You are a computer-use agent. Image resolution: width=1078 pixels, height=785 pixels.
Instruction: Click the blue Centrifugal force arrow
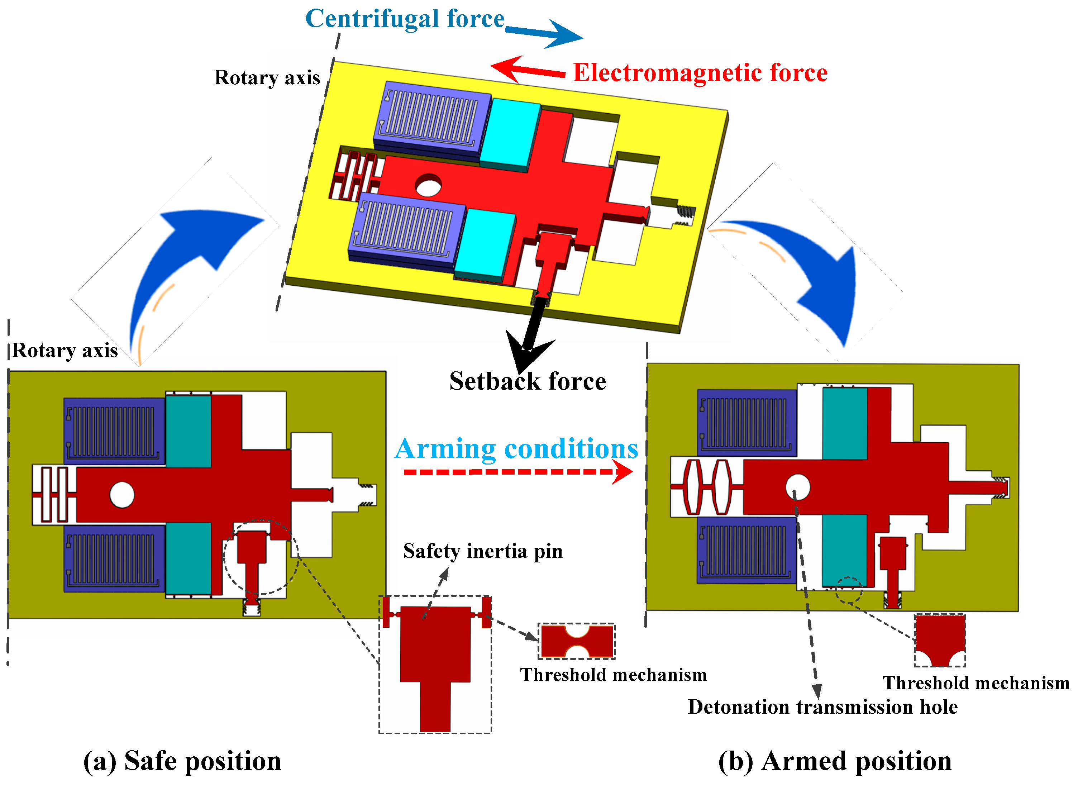click(x=547, y=33)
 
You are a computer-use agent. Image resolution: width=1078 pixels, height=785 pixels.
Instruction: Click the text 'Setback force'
click(x=528, y=381)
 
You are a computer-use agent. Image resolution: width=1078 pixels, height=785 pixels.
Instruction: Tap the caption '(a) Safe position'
click(x=182, y=761)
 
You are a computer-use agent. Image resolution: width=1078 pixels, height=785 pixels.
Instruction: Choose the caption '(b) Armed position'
click(x=835, y=761)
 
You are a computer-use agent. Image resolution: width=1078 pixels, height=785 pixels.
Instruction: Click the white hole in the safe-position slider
click(x=122, y=495)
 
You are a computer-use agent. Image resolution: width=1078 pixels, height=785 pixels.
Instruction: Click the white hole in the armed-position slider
click(x=797, y=487)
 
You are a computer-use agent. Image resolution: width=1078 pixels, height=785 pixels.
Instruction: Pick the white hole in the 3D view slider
click(x=428, y=185)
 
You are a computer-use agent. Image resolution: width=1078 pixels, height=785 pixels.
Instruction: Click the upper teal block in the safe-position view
click(x=188, y=431)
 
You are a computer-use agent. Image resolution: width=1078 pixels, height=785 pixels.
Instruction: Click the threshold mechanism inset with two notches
click(x=577, y=641)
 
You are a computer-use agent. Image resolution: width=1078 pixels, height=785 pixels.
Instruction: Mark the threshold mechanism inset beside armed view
click(x=940, y=639)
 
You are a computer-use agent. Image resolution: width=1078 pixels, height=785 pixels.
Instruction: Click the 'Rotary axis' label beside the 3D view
click(x=267, y=77)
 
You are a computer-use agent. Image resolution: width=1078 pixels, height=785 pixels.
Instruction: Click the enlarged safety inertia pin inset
click(x=435, y=664)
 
